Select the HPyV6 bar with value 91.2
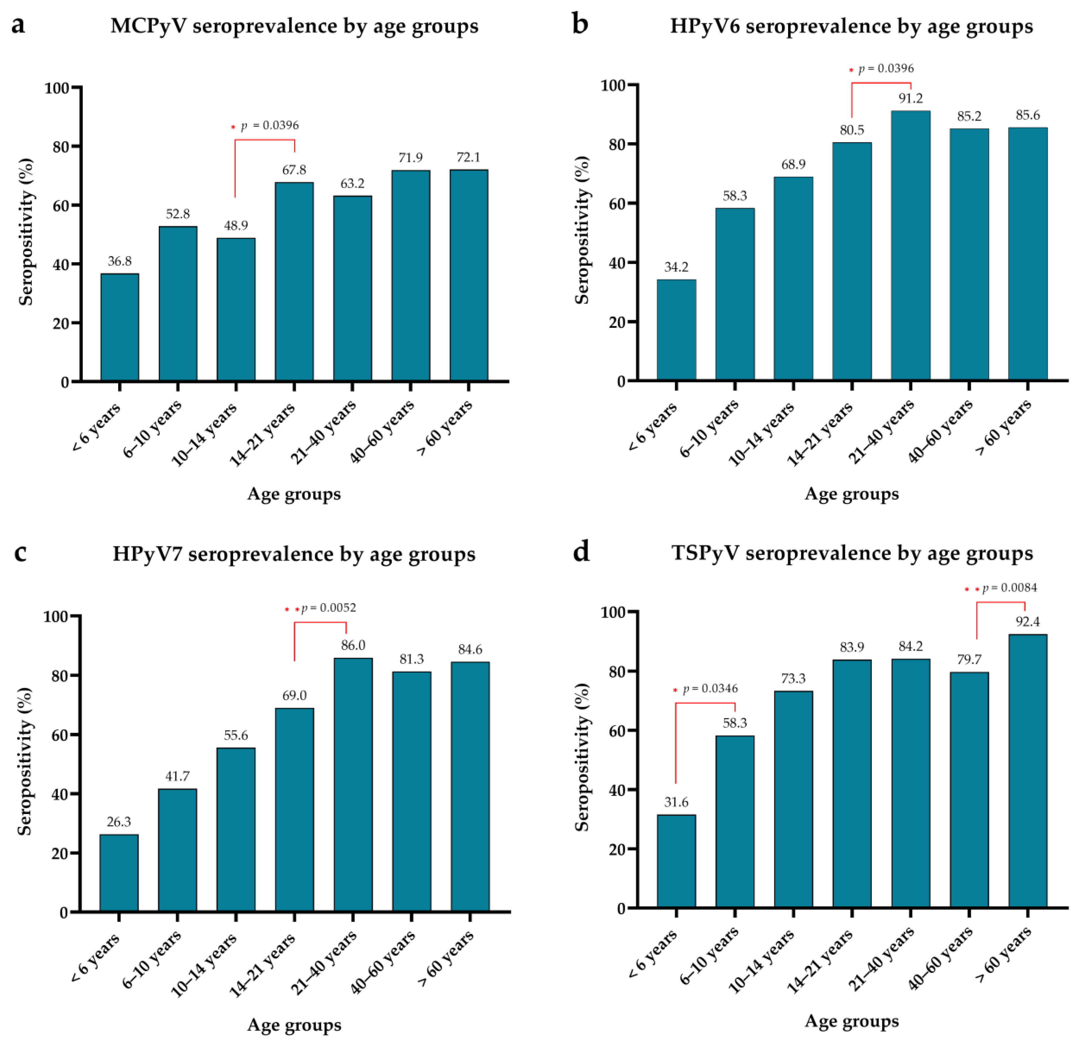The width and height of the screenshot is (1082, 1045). [910, 246]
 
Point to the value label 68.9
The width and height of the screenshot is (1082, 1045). [793, 164]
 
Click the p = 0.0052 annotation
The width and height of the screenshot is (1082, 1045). [328, 608]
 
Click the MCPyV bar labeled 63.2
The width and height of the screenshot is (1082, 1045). [352, 288]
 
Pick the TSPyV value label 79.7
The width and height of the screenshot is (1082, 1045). [969, 660]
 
